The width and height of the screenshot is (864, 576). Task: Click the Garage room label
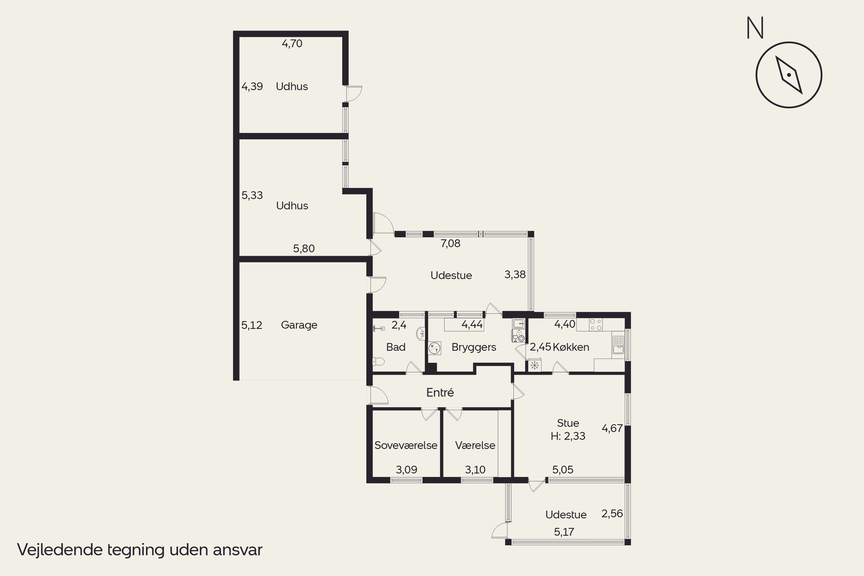pyautogui.click(x=299, y=325)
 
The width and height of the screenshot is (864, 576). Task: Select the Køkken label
pyautogui.click(x=571, y=347)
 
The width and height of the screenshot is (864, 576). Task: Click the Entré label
pyautogui.click(x=440, y=393)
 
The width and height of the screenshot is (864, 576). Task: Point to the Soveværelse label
pyautogui.click(x=406, y=445)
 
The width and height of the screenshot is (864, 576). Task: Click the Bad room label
pyautogui.click(x=396, y=347)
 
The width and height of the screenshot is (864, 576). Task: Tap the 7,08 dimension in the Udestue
pyautogui.click(x=450, y=244)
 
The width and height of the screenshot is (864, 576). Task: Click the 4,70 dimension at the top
pyautogui.click(x=292, y=44)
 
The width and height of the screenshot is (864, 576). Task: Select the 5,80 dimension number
pyautogui.click(x=304, y=249)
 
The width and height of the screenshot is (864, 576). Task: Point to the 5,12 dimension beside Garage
pyautogui.click(x=252, y=325)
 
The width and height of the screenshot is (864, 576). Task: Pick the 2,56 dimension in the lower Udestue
pyautogui.click(x=612, y=514)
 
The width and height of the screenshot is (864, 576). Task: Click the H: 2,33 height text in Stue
pyautogui.click(x=568, y=436)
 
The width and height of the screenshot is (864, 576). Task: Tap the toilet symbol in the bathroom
pyautogui.click(x=378, y=362)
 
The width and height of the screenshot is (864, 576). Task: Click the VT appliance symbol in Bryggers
pyautogui.click(x=435, y=348)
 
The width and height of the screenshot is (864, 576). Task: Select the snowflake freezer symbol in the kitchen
pyautogui.click(x=535, y=365)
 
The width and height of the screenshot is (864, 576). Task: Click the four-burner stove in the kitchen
pyautogui.click(x=596, y=325)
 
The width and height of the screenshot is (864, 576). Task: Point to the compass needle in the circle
pyautogui.click(x=789, y=75)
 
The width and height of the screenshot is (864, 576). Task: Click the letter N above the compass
pyautogui.click(x=755, y=28)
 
